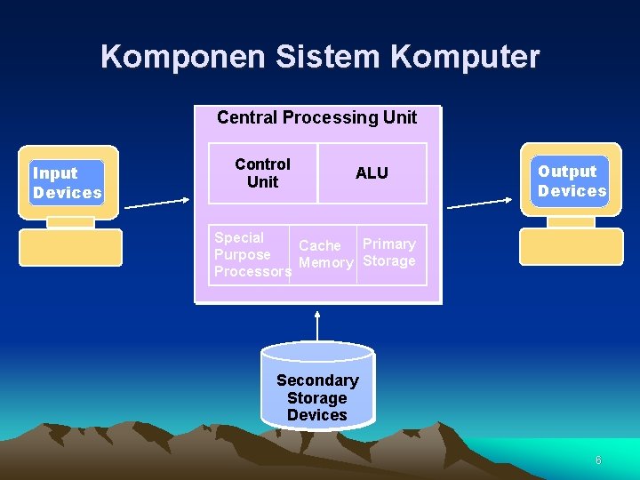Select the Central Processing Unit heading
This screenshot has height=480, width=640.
[x=316, y=117]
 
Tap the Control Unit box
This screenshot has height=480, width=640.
[x=262, y=173]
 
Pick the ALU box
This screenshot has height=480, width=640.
[x=372, y=173]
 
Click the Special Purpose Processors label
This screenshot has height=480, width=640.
[x=251, y=254]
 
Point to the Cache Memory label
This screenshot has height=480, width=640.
[x=325, y=254]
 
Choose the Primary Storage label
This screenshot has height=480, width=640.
[x=389, y=252]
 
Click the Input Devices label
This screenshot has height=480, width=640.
[x=67, y=183]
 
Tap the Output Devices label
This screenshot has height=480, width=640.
[x=572, y=181]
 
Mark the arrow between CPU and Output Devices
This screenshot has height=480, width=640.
[x=481, y=204]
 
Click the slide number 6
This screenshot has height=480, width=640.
[x=598, y=460]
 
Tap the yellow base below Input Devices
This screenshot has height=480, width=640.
[x=70, y=247]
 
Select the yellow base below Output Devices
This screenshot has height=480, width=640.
[x=571, y=245]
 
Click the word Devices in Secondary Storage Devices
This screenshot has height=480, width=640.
[x=317, y=415]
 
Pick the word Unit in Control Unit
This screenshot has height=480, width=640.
[x=262, y=182]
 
